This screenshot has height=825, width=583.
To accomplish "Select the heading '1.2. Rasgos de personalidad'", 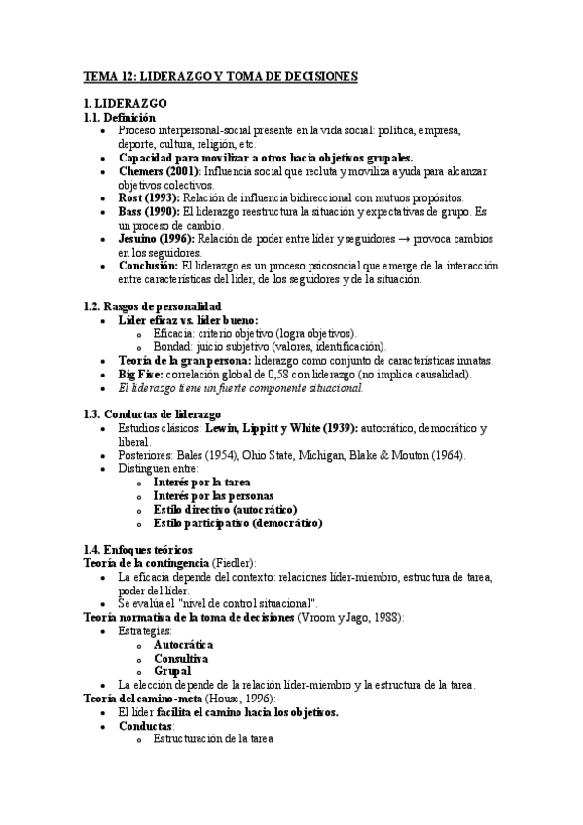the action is pos(154,305).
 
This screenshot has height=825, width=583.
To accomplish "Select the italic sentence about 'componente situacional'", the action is pos(240,387).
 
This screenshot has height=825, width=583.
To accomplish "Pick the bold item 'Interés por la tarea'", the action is pos(202,482).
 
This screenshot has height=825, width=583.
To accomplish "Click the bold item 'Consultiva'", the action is pos(181,658).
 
